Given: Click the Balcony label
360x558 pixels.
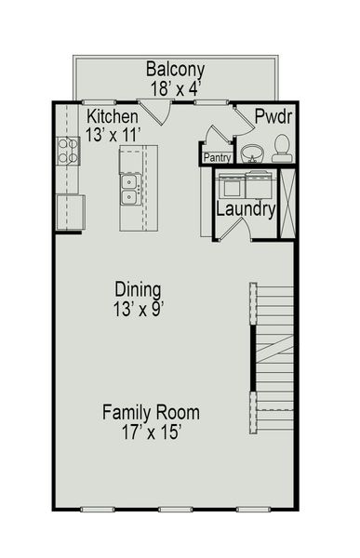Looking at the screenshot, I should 176,70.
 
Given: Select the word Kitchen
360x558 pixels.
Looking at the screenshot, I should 113,117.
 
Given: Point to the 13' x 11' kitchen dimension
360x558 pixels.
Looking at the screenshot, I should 113,134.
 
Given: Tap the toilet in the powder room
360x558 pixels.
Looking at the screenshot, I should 280,147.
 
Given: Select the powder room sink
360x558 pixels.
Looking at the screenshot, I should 251,152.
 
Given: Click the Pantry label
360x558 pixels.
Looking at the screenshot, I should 217,158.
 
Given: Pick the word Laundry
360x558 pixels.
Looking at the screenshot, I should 246,209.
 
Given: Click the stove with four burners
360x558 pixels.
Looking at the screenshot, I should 68,150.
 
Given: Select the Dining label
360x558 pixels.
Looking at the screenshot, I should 138,288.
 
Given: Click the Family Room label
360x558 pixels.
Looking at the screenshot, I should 151,412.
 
